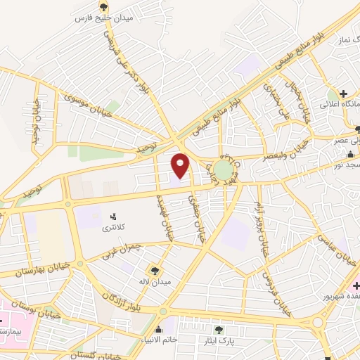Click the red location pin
(x=181, y=166)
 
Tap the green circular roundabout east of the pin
(x=223, y=170)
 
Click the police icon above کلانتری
(x=114, y=216)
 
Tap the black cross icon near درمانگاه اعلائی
(x=343, y=94)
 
